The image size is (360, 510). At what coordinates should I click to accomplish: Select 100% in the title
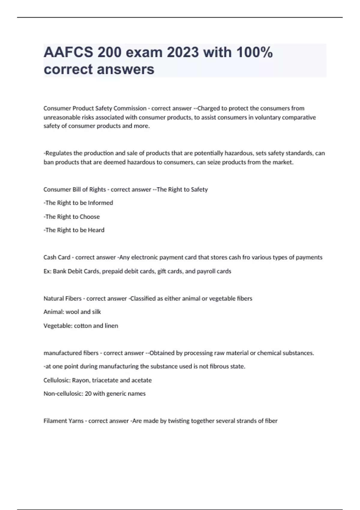click(x=254, y=52)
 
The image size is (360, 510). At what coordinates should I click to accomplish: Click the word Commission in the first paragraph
click(x=130, y=108)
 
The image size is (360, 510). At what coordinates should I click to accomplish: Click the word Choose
click(x=89, y=217)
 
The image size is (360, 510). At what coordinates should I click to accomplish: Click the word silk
click(x=96, y=312)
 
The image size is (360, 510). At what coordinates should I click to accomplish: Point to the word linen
click(x=111, y=326)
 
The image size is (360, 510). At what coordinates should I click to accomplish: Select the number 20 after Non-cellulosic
click(x=88, y=394)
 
